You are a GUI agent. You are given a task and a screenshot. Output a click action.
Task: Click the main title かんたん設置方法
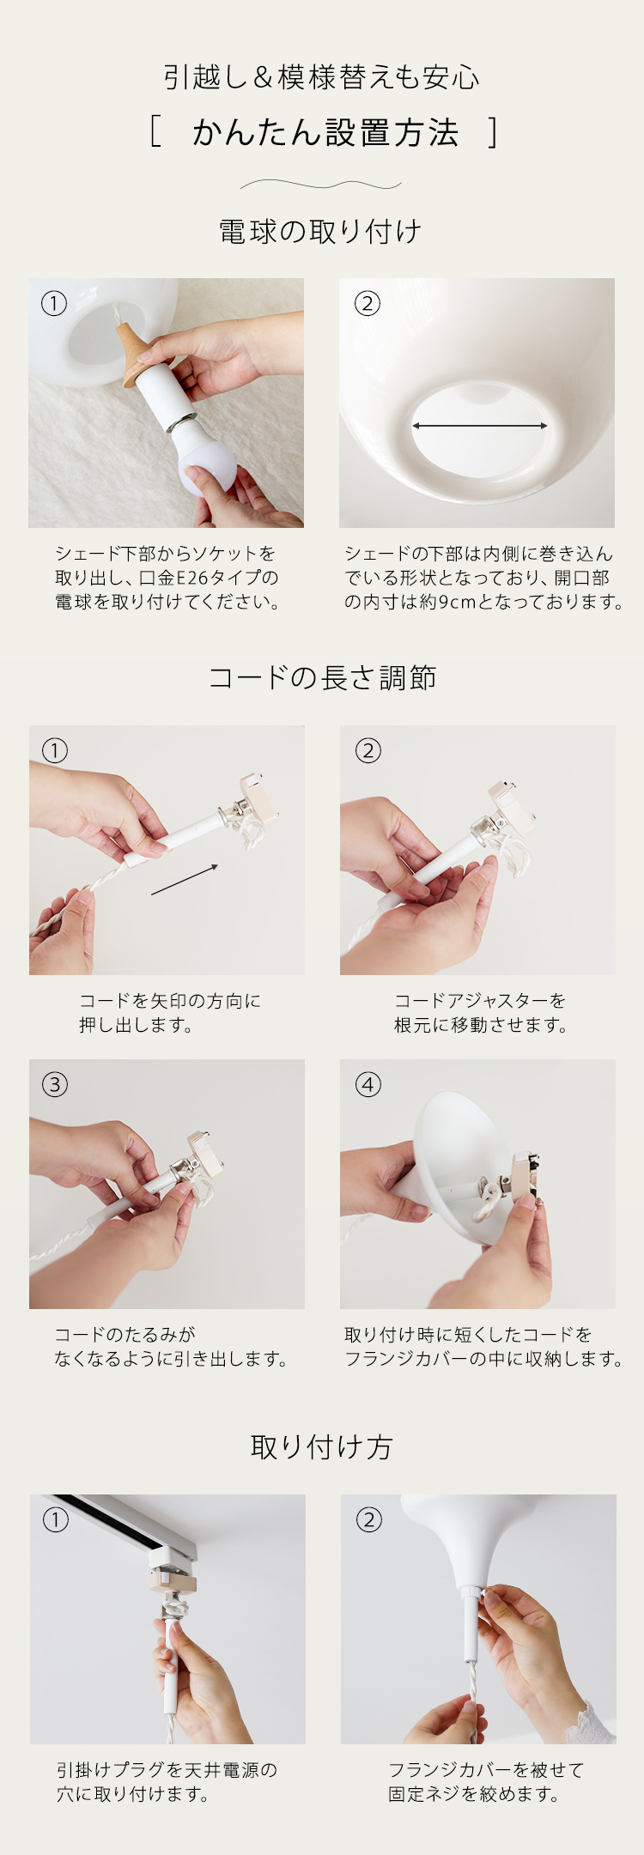pos(325,133)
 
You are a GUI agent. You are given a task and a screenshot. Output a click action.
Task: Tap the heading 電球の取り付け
pos(320,231)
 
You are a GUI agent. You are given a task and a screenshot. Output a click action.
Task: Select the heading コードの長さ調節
pos(322,677)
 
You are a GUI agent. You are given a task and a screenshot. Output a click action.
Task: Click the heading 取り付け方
pos(321,1446)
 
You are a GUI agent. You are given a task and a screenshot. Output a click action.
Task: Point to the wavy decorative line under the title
pos(321,184)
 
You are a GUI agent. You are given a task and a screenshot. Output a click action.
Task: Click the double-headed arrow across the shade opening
pos(479,426)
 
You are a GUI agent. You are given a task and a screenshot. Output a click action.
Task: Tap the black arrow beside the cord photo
pos(185,880)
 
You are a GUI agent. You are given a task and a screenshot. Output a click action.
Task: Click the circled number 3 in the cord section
pos(54,1084)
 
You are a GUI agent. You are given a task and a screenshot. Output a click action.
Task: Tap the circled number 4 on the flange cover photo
pos(368,1084)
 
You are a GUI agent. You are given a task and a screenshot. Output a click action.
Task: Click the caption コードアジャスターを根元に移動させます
pos(481,1013)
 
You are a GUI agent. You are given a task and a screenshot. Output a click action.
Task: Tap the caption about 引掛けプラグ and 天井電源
pos(167,1782)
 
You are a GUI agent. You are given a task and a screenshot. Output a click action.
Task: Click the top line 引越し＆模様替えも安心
pos(322,77)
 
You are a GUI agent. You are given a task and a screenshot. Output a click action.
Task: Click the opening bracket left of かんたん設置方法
pos(155,133)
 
